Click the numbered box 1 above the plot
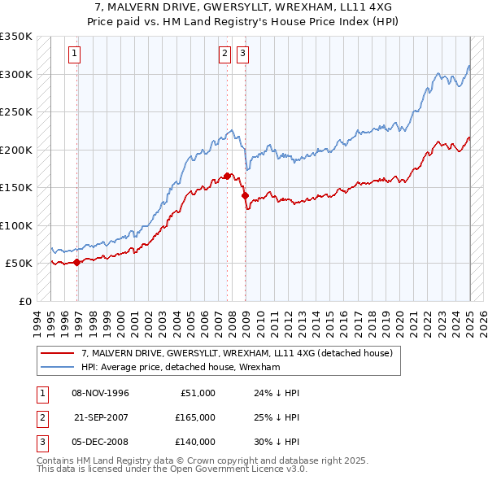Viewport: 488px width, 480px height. point(74,55)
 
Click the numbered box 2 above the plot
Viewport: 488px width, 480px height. point(224,55)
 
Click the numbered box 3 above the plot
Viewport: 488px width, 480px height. point(242,55)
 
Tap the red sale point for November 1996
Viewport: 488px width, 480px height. point(77,262)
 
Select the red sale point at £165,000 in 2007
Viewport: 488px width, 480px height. point(227,176)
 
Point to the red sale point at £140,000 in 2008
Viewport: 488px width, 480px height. point(244,195)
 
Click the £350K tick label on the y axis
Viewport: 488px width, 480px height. point(16,37)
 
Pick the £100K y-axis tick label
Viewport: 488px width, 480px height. point(16,225)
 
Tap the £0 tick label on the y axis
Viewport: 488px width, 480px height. point(24,301)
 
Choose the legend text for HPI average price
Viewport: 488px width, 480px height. point(181,367)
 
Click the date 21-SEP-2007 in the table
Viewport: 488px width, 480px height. point(101,417)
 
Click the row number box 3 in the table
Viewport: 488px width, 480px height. point(41,442)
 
